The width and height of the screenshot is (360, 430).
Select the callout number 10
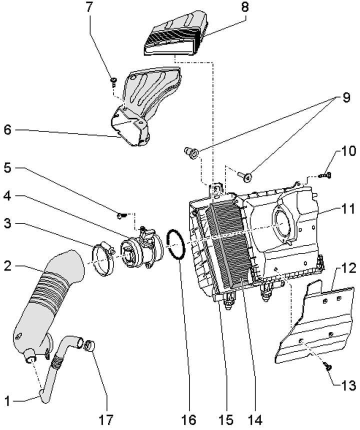pyautogui.click(x=348, y=151)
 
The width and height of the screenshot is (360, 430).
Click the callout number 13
pyautogui.click(x=348, y=385)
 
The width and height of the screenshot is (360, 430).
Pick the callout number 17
pyautogui.click(x=106, y=420)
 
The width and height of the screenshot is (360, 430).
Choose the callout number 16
pyautogui.click(x=189, y=420)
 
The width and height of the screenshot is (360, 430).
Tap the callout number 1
pyautogui.click(x=7, y=401)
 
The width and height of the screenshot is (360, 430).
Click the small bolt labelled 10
pyautogui.click(x=325, y=175)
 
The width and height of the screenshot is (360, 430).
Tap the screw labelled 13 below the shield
pyautogui.click(x=327, y=366)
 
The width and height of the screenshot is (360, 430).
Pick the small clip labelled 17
pyautogui.click(x=89, y=345)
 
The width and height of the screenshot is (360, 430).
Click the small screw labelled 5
pyautogui.click(x=121, y=216)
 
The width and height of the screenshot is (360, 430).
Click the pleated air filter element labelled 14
pyautogui.click(x=229, y=244)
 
